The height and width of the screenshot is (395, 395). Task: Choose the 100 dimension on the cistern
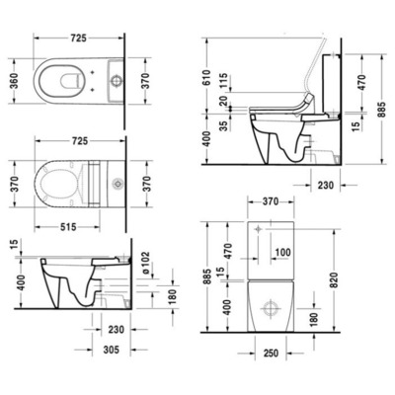[x=281, y=252]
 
